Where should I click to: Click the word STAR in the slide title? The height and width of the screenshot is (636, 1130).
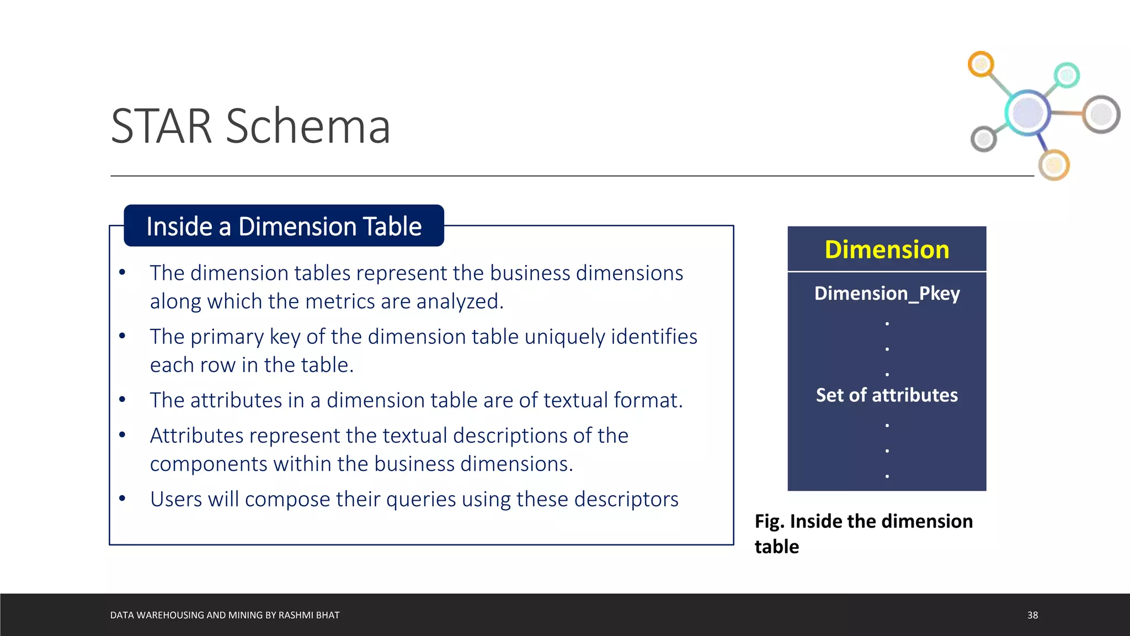[x=161, y=126]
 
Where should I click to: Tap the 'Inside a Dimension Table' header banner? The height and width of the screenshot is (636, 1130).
[x=284, y=226]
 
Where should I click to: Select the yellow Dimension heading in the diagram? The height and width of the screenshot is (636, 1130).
[x=887, y=250]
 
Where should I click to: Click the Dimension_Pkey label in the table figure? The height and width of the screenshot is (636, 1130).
[x=887, y=293]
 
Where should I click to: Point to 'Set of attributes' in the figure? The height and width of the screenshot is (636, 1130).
[x=887, y=395]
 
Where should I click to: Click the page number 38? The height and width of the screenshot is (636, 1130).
[x=1032, y=615]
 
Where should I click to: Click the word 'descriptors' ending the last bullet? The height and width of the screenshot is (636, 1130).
[x=626, y=499]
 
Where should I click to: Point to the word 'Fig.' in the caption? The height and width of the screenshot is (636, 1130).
[x=769, y=521]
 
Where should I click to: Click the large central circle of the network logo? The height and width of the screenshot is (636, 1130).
[x=1027, y=113]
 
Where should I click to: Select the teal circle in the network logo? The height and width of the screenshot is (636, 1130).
[x=1066, y=75]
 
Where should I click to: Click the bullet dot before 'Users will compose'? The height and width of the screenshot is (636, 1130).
[x=122, y=499]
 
